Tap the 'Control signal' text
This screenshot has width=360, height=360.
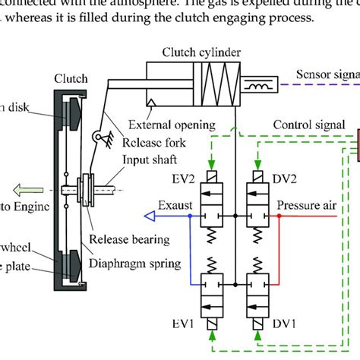click(x=312, y=124)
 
